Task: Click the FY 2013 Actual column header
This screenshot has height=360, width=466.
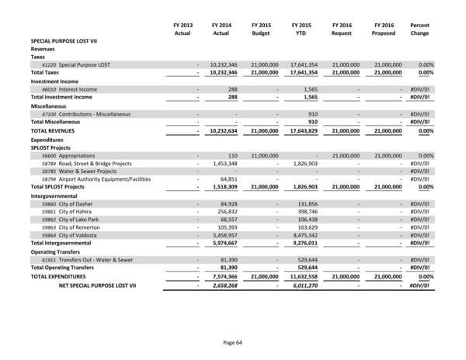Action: (183, 30)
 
